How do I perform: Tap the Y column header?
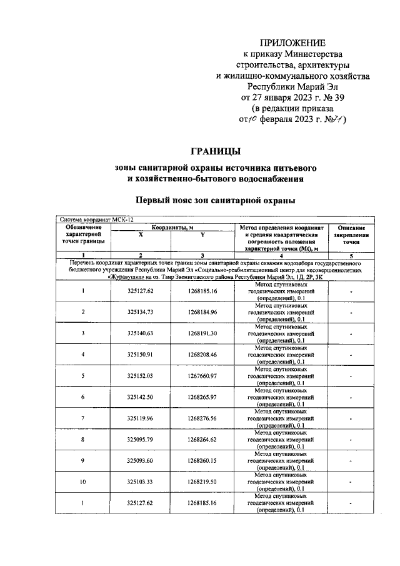tap(202, 234)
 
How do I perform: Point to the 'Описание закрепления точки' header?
tap(354, 235)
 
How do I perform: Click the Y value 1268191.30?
tap(202, 333)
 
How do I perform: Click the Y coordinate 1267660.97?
tap(202, 376)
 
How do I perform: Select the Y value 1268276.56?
tap(202, 418)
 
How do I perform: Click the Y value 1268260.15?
tap(202, 461)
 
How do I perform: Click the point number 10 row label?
tap(83, 482)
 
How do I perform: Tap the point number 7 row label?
tap(83, 418)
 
